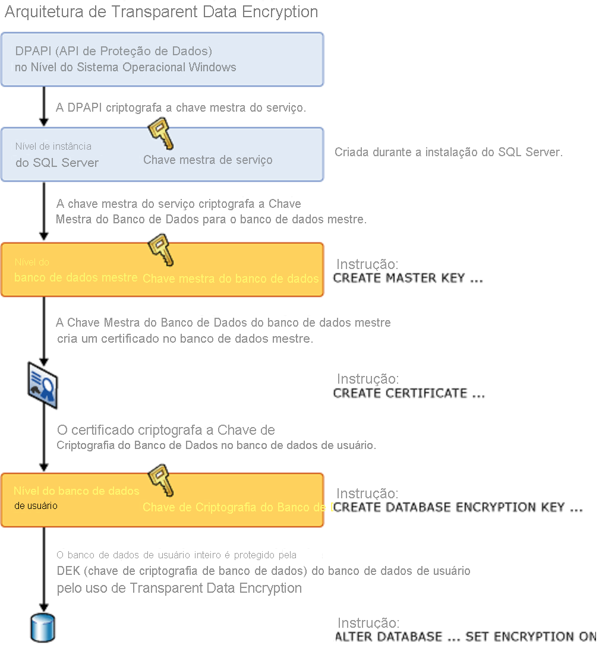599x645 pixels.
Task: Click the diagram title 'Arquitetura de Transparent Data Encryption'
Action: click(x=161, y=12)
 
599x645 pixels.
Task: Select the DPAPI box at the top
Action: click(x=162, y=59)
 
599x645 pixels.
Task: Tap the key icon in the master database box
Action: click(x=160, y=250)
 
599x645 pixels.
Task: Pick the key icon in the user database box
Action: click(x=160, y=480)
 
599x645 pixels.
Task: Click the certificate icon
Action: click(x=43, y=387)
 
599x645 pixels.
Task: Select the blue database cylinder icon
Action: click(x=43, y=628)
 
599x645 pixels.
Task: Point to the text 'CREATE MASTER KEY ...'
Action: click(x=408, y=278)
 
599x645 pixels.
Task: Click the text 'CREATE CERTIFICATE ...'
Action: click(x=409, y=393)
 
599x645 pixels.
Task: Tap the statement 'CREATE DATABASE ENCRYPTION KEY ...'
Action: click(x=457, y=508)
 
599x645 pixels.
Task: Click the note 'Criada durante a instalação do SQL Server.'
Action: click(x=449, y=152)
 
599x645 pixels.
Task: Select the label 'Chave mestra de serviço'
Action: click(x=208, y=160)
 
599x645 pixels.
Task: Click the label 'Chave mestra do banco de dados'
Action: click(x=231, y=279)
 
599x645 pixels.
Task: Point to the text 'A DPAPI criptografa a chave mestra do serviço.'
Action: click(x=181, y=108)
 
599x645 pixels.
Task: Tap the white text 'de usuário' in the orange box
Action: click(x=36, y=506)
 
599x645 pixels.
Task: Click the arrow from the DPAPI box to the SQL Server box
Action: click(x=44, y=107)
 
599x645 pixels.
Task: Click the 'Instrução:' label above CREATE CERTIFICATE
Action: click(x=368, y=379)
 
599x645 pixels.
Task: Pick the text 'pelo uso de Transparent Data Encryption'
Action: click(x=179, y=589)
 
